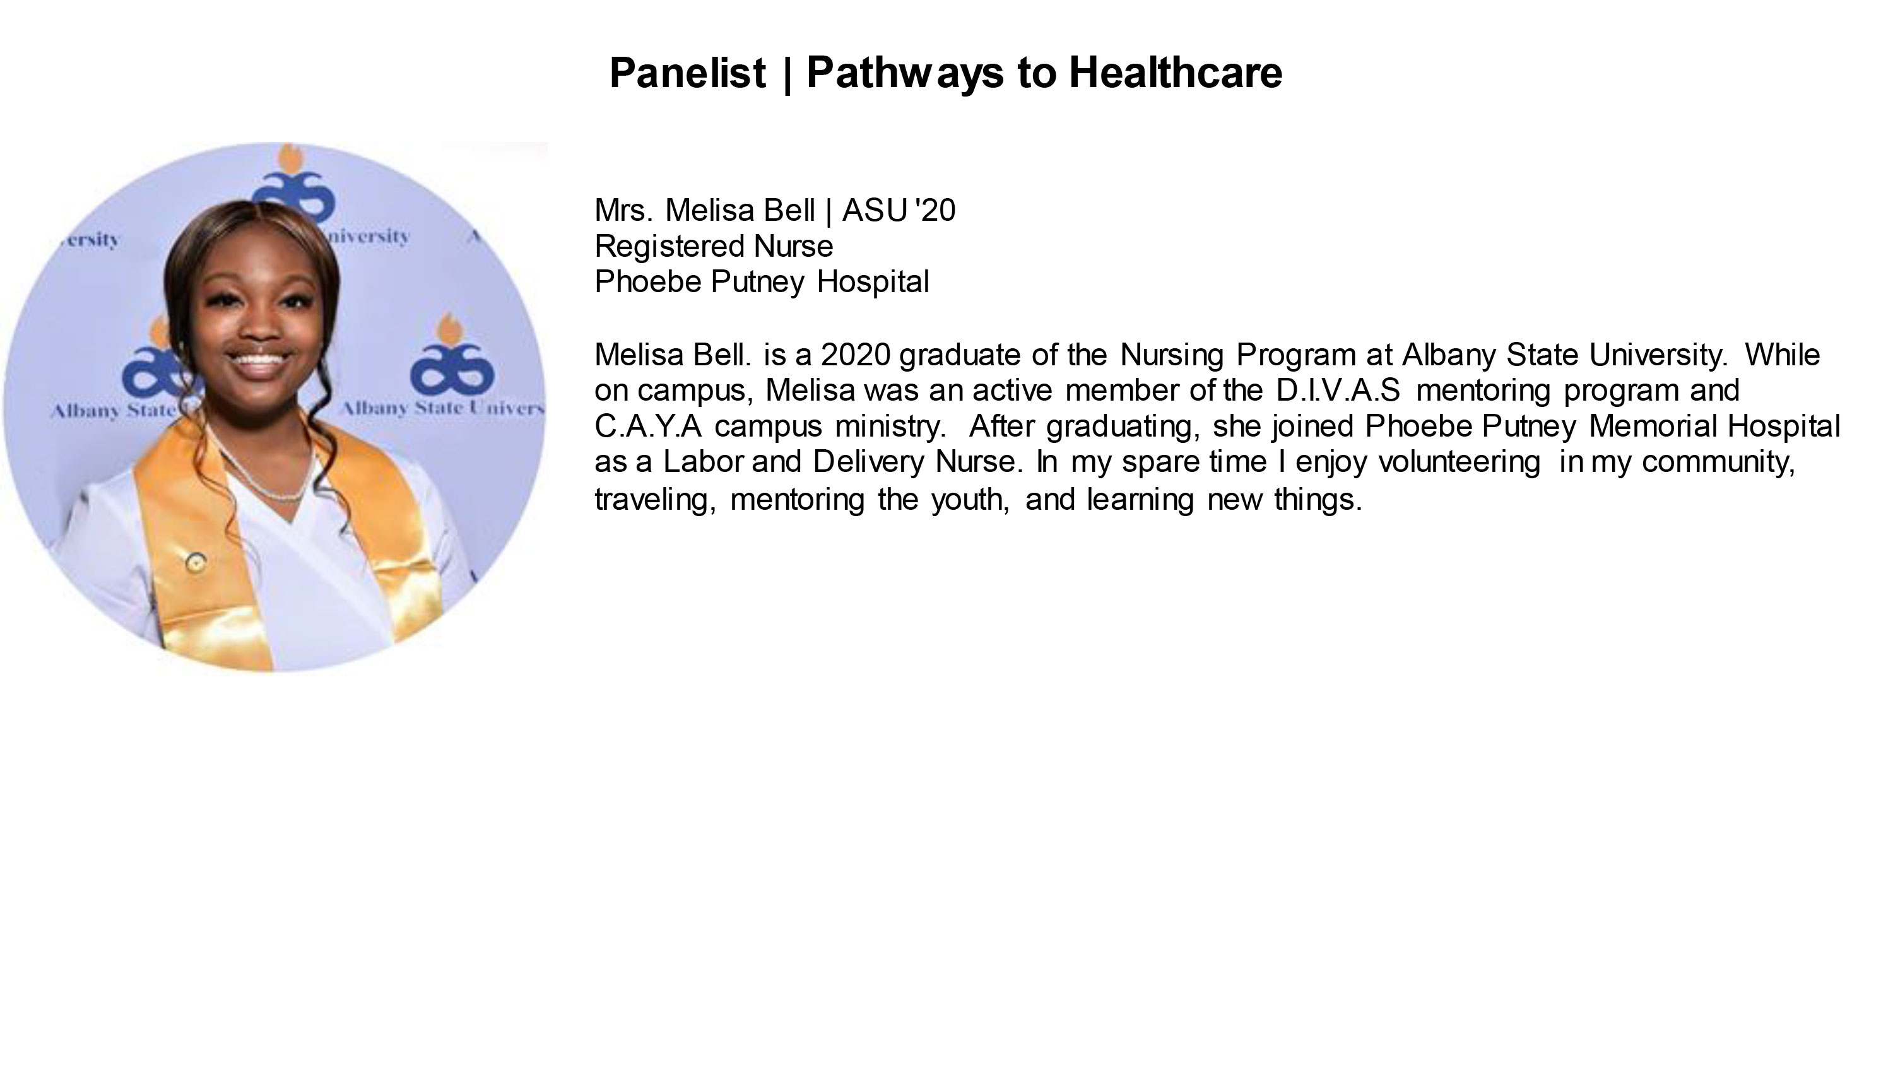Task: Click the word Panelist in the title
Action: (x=688, y=73)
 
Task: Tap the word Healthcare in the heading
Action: (x=1175, y=73)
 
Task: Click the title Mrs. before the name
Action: (x=623, y=211)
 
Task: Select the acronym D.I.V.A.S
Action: (x=1338, y=391)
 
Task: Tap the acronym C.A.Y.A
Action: (x=648, y=427)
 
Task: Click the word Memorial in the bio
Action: (x=1651, y=427)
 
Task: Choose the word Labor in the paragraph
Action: (x=704, y=462)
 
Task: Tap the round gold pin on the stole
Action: (x=195, y=563)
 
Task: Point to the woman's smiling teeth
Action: (x=258, y=361)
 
